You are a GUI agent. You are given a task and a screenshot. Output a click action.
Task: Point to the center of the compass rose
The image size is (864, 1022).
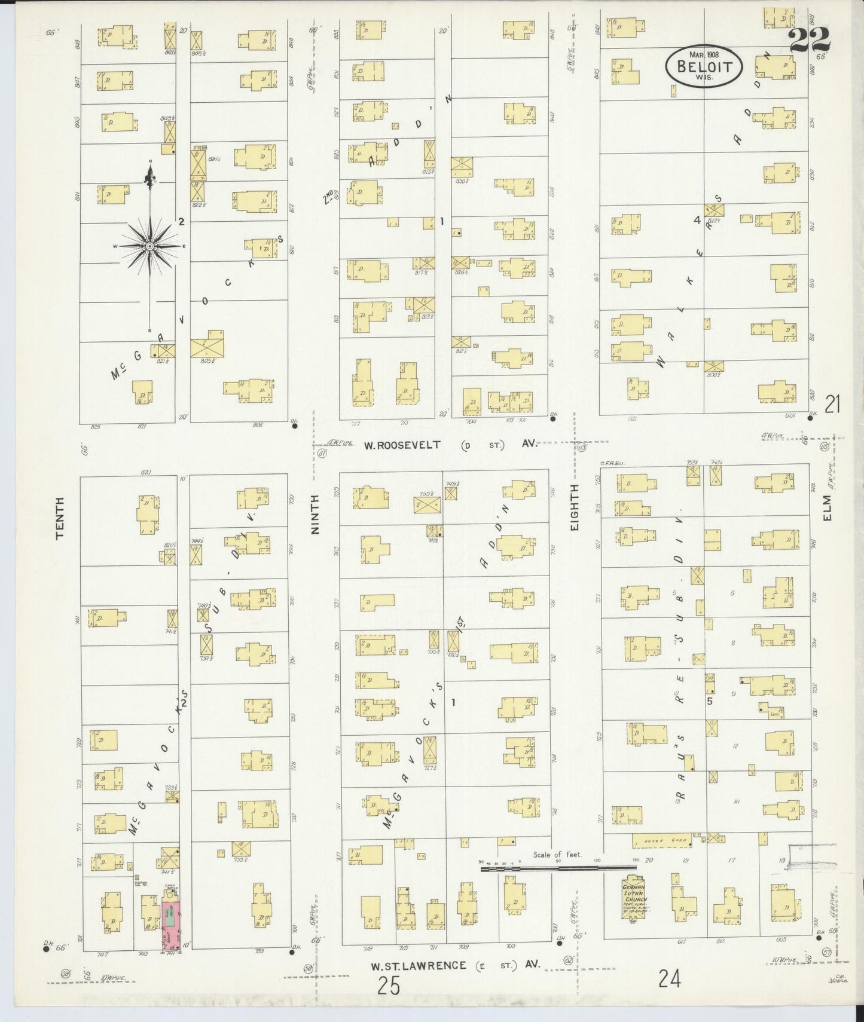point(150,246)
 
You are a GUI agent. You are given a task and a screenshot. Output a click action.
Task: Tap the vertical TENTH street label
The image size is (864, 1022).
point(60,519)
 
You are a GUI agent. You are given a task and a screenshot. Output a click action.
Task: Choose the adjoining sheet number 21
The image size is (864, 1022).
point(833,406)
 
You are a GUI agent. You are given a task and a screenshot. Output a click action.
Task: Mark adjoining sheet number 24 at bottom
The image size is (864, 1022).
point(670,979)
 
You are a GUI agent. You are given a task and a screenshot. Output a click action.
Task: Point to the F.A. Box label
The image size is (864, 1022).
point(609,463)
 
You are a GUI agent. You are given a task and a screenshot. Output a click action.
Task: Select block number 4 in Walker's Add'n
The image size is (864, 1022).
point(697,220)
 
